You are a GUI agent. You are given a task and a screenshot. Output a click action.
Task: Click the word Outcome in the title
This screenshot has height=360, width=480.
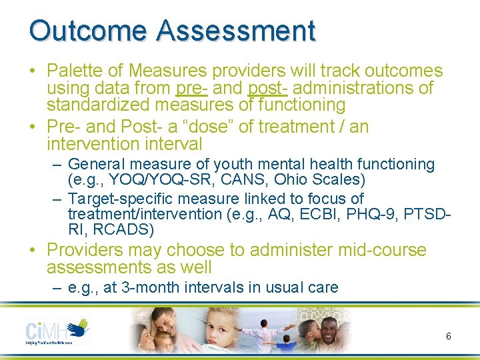tap(87, 31)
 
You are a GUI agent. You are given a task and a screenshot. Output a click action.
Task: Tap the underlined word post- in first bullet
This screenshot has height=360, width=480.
tap(268, 88)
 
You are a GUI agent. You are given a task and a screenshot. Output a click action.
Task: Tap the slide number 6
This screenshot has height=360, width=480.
tap(448, 337)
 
